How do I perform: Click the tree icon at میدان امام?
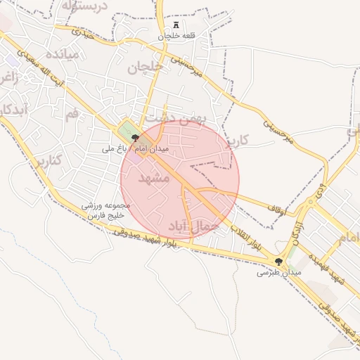pyautogui.click(x=135, y=139)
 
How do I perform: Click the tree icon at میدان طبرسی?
pyautogui.click(x=280, y=262)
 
